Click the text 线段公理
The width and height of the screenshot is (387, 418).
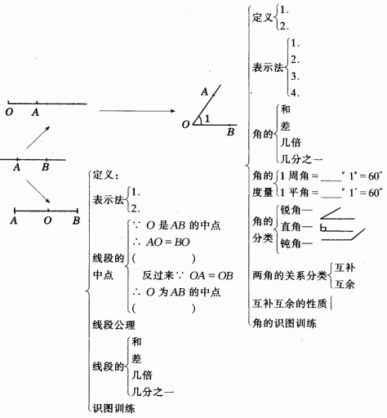(113, 325)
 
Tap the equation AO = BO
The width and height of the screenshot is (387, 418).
(168, 242)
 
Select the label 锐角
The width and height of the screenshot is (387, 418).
(291, 210)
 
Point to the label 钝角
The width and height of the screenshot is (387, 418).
(291, 243)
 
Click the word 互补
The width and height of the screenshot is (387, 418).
(345, 268)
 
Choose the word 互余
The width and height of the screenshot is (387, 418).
(345, 284)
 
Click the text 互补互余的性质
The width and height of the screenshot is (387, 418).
(289, 304)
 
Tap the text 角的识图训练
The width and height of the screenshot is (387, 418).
(284, 323)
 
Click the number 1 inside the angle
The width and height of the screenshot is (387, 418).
(207, 118)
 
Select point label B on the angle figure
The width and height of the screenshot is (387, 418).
(231, 132)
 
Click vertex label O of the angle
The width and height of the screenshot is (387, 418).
(185, 125)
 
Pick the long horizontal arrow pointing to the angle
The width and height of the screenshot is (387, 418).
(137, 111)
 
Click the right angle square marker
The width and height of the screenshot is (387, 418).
(323, 228)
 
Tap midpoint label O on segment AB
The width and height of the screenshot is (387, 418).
(47, 220)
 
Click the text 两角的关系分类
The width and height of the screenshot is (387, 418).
(290, 276)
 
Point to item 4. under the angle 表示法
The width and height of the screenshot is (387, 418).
(295, 93)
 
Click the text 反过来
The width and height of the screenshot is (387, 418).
(158, 275)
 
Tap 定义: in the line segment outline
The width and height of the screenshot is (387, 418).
(105, 175)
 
